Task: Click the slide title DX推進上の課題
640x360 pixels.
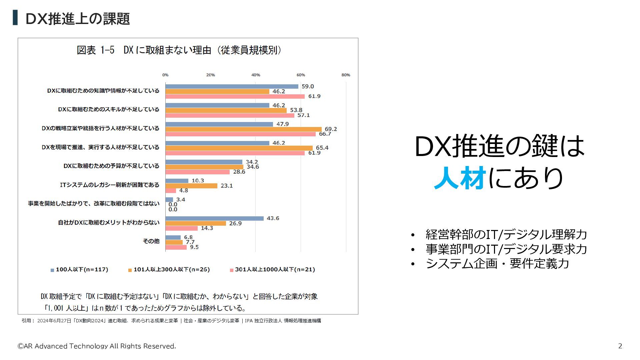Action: pos(77,19)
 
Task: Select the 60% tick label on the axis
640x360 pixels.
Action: pos(301,75)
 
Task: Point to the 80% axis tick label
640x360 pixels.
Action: pos(346,75)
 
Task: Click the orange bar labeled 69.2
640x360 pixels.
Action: pos(243,129)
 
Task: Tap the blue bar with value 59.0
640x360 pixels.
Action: pos(232,86)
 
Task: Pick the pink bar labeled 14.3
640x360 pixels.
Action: pos(182,228)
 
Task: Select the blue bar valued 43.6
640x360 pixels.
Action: pos(214,218)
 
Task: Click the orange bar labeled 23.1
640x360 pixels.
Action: pos(191,186)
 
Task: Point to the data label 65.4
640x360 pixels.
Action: pos(322,148)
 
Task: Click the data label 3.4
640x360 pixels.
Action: pos(181,200)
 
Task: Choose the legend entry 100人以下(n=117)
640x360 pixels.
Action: pos(82,270)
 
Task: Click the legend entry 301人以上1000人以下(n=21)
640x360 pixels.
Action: pos(275,270)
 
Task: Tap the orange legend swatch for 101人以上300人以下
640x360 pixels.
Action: pos(130,270)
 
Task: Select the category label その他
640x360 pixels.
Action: pos(151,241)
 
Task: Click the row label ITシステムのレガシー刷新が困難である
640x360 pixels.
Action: pos(110,185)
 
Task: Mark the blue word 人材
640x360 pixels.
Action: pos(460,178)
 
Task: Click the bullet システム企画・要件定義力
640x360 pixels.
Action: pos(497,264)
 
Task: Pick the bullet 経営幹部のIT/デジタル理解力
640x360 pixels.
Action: pos(506,234)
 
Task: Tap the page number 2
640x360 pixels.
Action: pos(620,346)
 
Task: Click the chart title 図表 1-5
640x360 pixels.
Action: pos(96,50)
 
